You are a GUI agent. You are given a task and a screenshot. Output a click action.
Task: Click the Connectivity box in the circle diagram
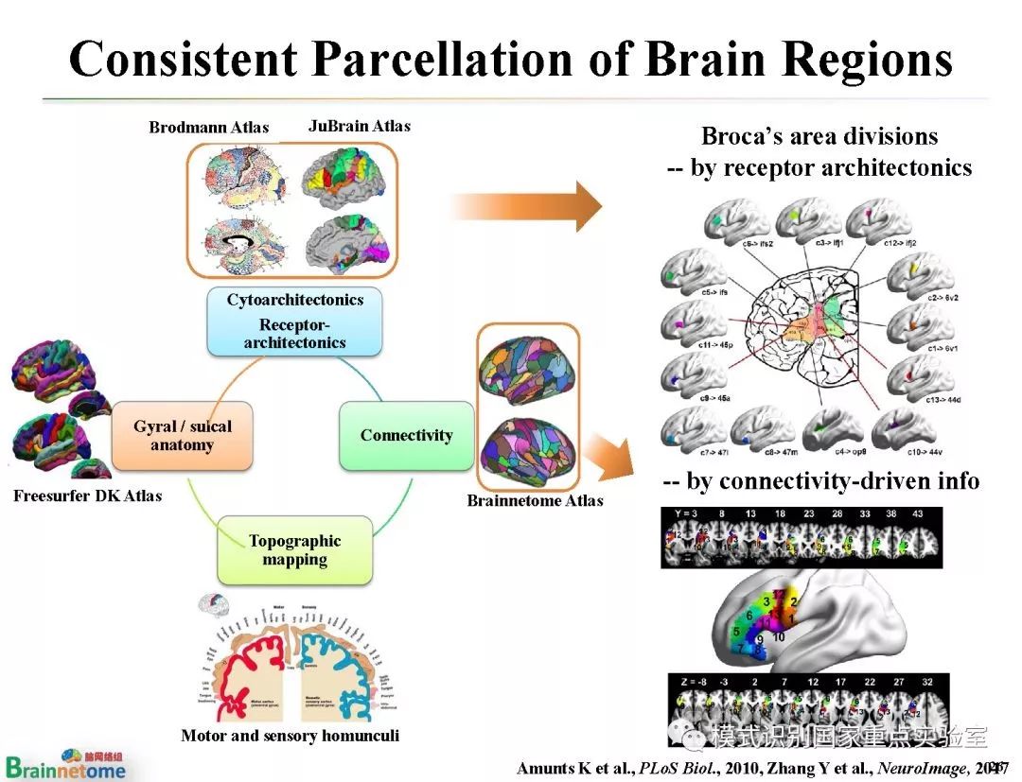click(406, 436)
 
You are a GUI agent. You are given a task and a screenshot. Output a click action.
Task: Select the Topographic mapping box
click(294, 550)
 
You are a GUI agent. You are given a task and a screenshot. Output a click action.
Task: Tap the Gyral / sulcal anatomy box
click(182, 436)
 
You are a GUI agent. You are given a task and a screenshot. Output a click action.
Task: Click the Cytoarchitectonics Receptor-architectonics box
click(294, 321)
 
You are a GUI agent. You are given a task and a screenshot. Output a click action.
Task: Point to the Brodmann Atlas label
click(208, 128)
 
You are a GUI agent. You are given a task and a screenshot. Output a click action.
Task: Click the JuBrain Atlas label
click(360, 126)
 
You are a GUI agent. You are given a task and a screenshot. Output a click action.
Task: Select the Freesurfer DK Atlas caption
click(87, 495)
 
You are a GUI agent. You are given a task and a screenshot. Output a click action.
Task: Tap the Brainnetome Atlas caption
click(535, 500)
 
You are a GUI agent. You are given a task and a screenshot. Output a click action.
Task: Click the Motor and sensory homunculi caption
click(290, 736)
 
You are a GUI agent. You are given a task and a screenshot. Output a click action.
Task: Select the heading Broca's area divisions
click(819, 136)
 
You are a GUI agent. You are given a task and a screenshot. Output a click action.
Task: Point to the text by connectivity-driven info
click(820, 481)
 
